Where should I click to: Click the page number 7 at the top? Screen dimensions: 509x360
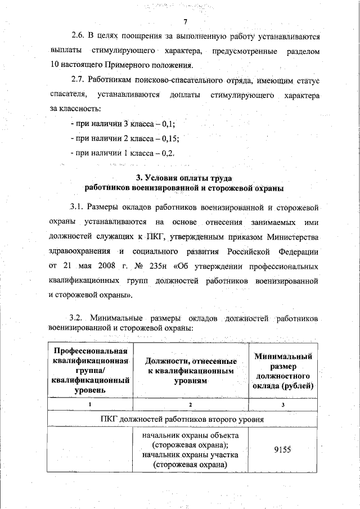coord(184,21)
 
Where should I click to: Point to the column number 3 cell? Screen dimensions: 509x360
coord(283,405)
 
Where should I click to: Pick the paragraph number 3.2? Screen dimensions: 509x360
coord(76,318)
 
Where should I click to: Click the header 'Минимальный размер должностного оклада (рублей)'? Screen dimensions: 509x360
coord(283,371)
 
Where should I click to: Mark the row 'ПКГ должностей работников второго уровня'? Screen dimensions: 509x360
coord(184,418)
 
